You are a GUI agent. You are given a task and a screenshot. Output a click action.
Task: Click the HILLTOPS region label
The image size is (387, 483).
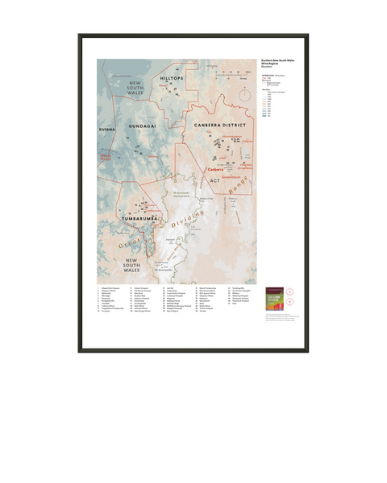coord(173,77)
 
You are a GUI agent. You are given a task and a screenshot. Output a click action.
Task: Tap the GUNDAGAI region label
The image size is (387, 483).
coord(146,126)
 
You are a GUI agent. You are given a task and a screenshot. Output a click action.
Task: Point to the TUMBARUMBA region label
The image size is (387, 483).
coord(139,217)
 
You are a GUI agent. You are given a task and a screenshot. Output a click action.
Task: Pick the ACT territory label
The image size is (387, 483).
coord(215,180)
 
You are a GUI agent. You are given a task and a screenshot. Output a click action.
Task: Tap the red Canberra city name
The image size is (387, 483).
coord(215,171)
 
